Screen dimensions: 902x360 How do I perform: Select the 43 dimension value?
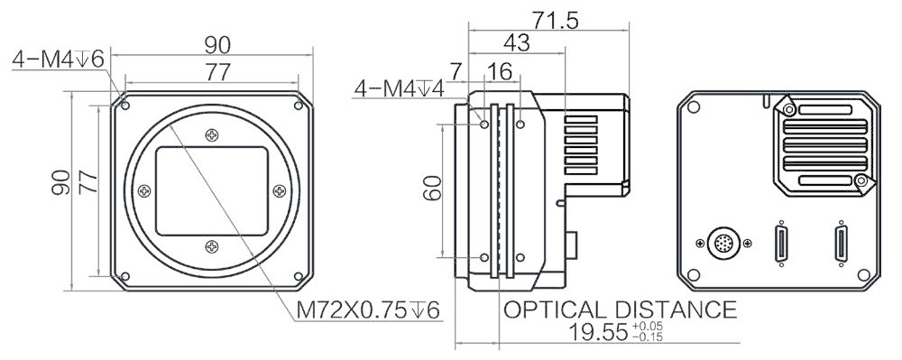[516, 43]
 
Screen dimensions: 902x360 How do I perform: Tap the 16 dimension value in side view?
[498, 73]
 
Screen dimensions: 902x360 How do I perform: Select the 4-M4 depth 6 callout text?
[58, 60]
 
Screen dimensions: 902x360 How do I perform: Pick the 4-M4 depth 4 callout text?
[400, 88]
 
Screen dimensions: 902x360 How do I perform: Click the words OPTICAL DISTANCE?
[621, 309]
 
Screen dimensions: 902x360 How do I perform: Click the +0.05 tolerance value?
[647, 328]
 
